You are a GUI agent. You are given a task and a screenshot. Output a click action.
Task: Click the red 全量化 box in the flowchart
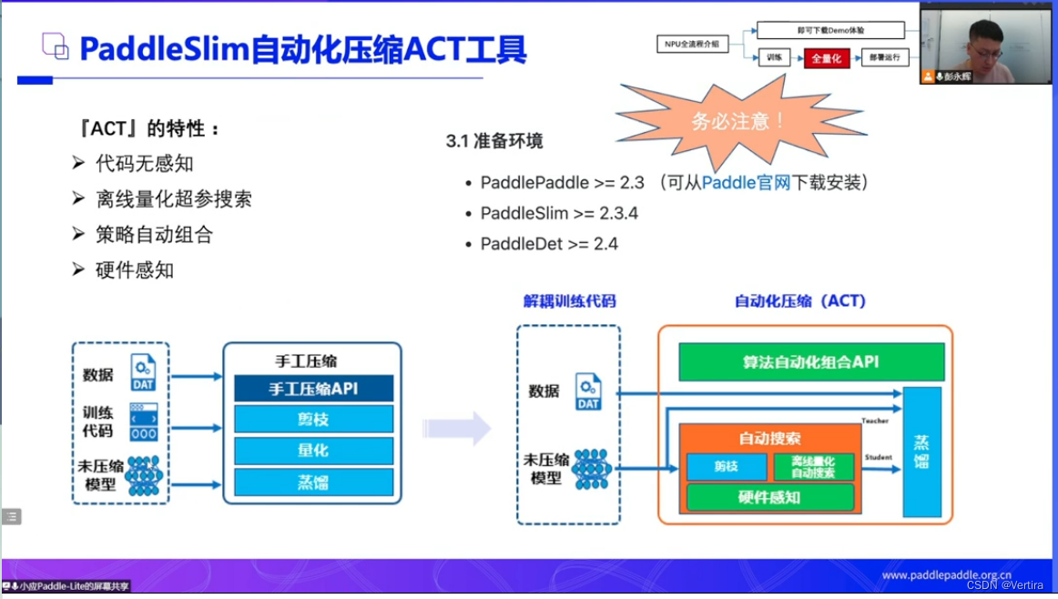[x=826, y=58]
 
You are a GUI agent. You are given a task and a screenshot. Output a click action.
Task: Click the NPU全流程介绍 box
[x=693, y=44]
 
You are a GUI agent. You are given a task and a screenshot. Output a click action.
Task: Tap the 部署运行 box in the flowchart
[x=884, y=58]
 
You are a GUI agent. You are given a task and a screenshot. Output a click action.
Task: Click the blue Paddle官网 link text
[x=745, y=182]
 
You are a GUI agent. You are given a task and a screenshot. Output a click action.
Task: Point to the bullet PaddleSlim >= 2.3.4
[x=559, y=213]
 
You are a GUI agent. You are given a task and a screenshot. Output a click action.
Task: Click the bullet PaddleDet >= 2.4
[x=549, y=243]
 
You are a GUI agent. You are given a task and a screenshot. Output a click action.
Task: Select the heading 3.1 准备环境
[x=494, y=141]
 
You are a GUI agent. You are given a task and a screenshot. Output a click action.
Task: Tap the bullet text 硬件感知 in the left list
[x=134, y=270]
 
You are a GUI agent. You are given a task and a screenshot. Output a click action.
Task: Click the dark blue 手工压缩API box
[x=313, y=389]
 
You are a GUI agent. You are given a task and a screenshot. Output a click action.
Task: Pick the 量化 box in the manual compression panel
[x=313, y=450]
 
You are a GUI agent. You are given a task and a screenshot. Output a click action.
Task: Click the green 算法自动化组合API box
[x=811, y=361]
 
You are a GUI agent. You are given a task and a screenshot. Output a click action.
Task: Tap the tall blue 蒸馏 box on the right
[x=921, y=452]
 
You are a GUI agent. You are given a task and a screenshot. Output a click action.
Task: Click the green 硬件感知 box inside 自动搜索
[x=769, y=497]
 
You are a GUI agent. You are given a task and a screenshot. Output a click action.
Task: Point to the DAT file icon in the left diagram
[x=143, y=373]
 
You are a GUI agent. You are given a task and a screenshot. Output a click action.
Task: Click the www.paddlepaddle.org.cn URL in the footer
[x=947, y=575]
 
